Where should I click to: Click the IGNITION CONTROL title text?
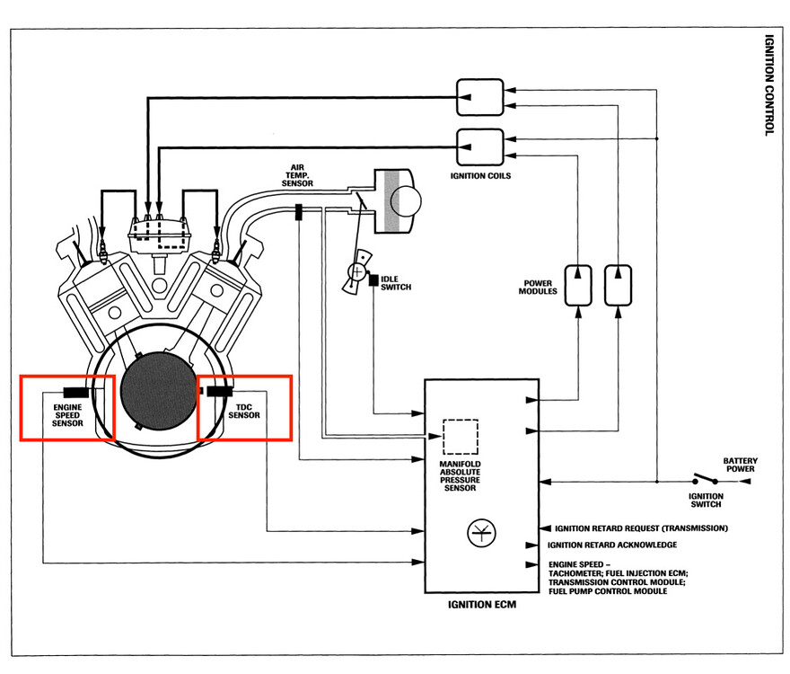(768, 85)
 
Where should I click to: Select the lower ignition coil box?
(480, 146)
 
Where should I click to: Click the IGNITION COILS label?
(480, 176)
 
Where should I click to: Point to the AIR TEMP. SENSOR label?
(297, 179)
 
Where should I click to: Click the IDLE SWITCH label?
(395, 282)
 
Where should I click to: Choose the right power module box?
(619, 285)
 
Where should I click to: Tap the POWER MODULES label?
(538, 287)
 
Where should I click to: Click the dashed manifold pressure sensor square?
(461, 436)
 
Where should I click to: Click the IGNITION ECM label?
(482, 605)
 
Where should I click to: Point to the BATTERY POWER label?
(740, 464)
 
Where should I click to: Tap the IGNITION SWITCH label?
(706, 500)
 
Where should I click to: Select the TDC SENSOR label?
(244, 411)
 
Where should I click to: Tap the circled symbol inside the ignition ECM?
(477, 533)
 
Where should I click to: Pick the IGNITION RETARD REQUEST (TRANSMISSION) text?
(641, 528)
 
